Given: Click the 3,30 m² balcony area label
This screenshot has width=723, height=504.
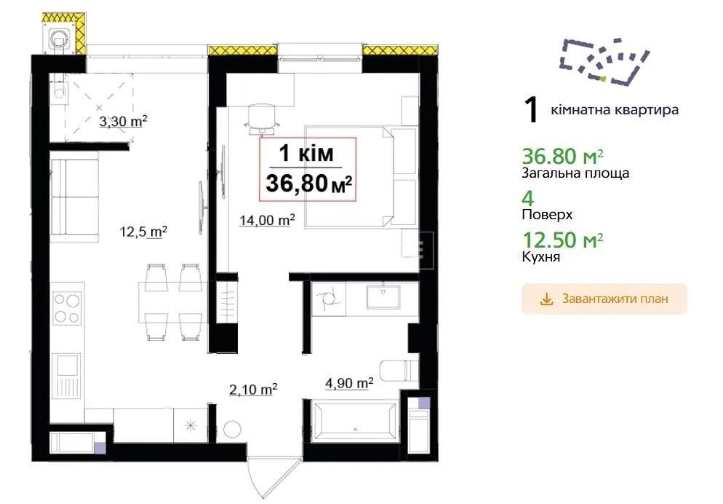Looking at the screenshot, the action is tap(123, 122).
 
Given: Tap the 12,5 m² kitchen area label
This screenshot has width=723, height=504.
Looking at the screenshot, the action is tap(143, 231).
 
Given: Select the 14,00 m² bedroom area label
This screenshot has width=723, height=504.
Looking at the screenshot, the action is tap(267, 220).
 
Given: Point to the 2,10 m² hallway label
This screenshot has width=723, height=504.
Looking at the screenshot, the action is tap(253, 390).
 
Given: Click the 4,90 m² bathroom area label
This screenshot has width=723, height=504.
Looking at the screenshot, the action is tap(349, 382).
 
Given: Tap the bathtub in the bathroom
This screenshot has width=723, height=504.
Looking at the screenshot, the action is tap(354, 422).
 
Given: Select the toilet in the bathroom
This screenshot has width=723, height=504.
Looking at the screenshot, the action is tap(399, 370).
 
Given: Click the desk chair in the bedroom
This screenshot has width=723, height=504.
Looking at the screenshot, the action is tap(262, 118).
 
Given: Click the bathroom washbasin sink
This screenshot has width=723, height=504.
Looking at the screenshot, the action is tap(383, 296).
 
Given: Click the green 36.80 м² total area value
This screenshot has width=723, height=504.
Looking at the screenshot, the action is tap(562, 157).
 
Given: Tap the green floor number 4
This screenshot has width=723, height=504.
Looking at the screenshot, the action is tap(528, 198).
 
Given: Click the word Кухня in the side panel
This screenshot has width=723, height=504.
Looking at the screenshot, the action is tap(541, 256).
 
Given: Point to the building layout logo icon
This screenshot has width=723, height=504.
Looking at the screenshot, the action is tap(604, 61).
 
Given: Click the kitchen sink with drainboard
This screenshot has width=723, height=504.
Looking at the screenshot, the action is tap(67, 376).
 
